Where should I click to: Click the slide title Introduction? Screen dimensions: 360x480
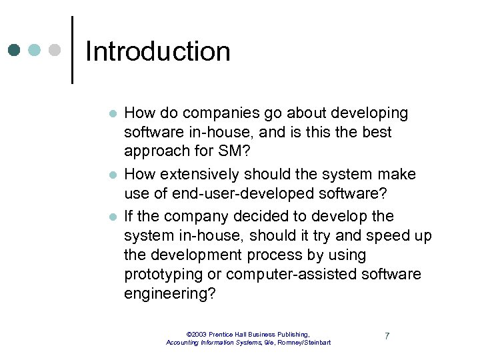[x=158, y=51]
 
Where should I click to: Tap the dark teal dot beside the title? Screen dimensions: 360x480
[x=15, y=51]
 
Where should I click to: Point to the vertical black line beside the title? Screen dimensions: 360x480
[x=72, y=50]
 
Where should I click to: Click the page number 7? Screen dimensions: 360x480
[x=387, y=336]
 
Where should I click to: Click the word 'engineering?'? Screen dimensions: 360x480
[x=169, y=294]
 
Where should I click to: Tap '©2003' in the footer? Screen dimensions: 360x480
[x=197, y=334]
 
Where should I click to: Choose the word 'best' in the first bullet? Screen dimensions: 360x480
[x=377, y=132]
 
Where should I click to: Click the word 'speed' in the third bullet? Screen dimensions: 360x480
[x=387, y=236]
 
